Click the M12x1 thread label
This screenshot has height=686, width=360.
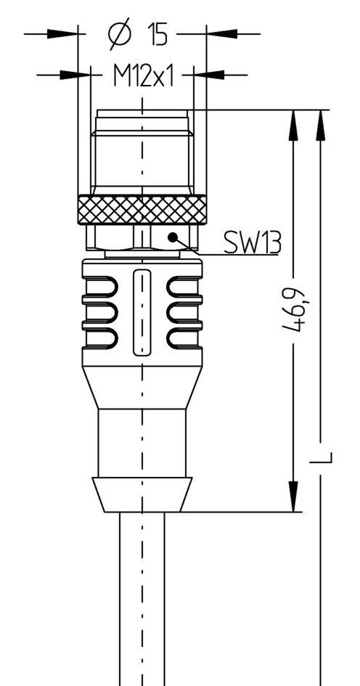pyautogui.click(x=143, y=75)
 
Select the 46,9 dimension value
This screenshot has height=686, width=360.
pyautogui.click(x=293, y=310)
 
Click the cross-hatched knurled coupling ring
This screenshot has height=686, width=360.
pyautogui.click(x=142, y=210)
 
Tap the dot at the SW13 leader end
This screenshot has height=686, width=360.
pyautogui.click(x=173, y=237)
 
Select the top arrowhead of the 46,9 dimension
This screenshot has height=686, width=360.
pyautogui.click(x=293, y=124)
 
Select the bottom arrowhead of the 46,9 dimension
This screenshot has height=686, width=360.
pyautogui.click(x=293, y=497)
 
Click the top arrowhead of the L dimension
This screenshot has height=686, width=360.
pyautogui.click(x=320, y=124)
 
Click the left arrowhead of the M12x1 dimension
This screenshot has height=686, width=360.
pyautogui.click(x=77, y=74)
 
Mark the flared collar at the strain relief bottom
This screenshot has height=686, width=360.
pyautogui.click(x=142, y=494)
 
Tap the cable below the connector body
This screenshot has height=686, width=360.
pyautogui.click(x=142, y=603)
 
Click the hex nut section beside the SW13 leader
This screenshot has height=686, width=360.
pyautogui.click(x=116, y=237)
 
